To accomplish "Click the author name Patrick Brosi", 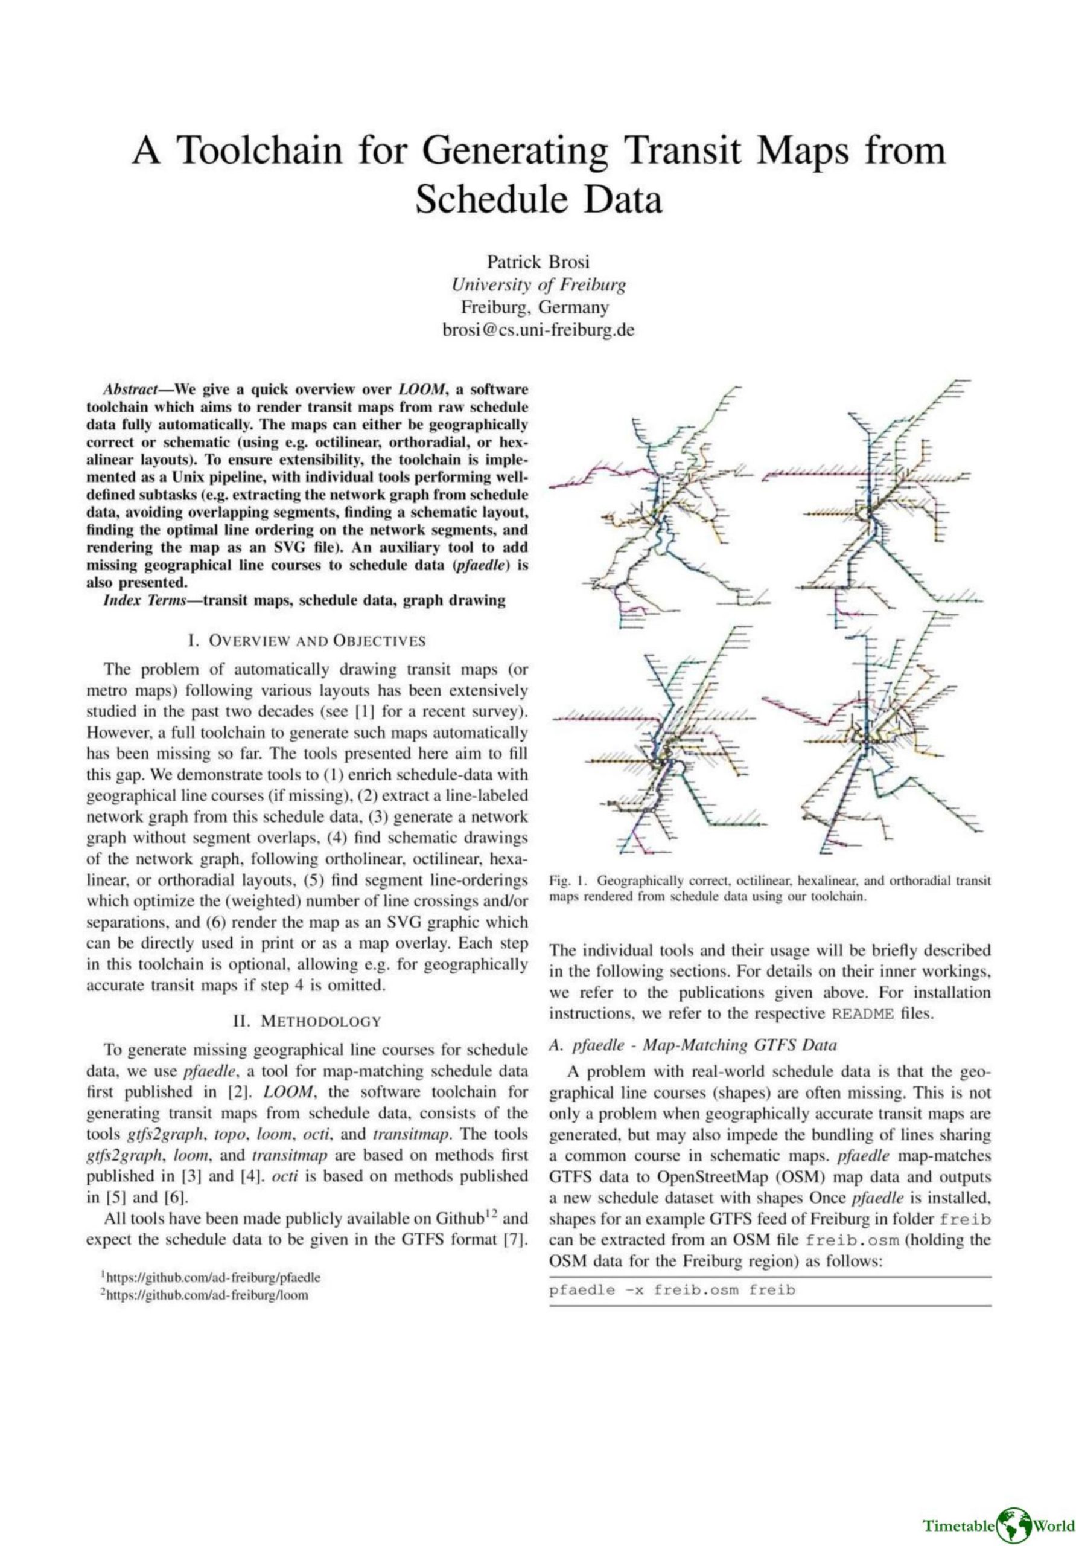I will tap(538, 262).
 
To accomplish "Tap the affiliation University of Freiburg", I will tap(538, 285).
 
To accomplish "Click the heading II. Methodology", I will tap(307, 1021).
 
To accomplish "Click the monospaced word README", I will tap(863, 1015).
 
